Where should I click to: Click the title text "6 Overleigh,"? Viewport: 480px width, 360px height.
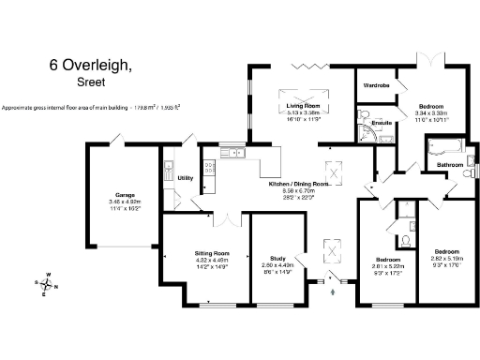click(x=97, y=66)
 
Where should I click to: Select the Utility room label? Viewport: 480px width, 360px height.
click(x=185, y=176)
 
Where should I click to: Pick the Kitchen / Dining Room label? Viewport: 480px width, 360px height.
click(x=307, y=185)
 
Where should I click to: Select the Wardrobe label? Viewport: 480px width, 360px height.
click(x=376, y=85)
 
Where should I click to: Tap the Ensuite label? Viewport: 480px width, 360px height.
click(x=382, y=123)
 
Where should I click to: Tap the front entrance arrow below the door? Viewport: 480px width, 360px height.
click(x=333, y=292)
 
